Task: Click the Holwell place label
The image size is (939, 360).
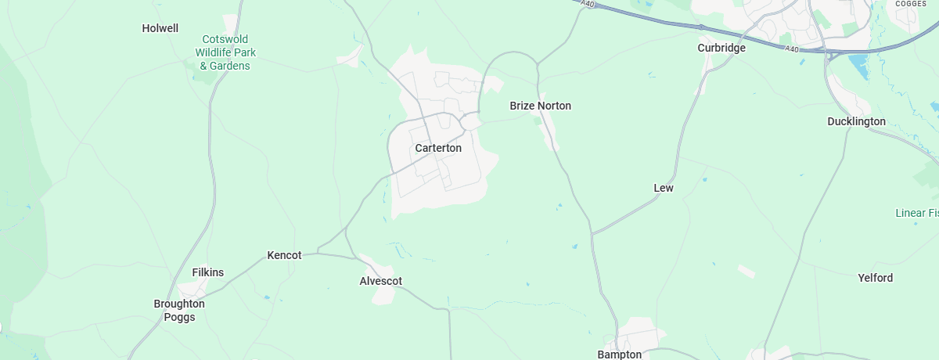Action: coord(160,28)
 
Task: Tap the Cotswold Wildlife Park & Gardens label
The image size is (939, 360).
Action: coord(225,52)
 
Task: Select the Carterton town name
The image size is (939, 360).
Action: coord(438,148)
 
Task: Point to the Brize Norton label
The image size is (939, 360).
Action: coord(540,106)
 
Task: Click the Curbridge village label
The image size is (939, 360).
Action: coord(721,48)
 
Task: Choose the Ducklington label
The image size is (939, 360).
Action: coord(856,121)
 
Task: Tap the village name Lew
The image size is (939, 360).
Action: coord(664,188)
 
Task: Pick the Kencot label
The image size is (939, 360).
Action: coord(284,255)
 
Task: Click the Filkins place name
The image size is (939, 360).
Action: coord(208,272)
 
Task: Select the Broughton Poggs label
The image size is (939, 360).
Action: coord(179,310)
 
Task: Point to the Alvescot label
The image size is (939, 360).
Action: coord(380,281)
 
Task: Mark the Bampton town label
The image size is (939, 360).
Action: coord(619,355)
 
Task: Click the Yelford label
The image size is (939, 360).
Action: coord(875,278)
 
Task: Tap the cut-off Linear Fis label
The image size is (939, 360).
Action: coord(916,213)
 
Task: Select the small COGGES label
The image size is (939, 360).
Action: coord(911,4)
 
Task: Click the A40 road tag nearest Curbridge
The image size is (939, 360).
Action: coord(793,49)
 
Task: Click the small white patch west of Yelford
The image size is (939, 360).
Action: coord(747,271)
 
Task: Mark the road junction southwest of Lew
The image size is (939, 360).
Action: coord(592,233)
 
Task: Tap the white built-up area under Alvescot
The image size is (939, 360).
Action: coord(383,294)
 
